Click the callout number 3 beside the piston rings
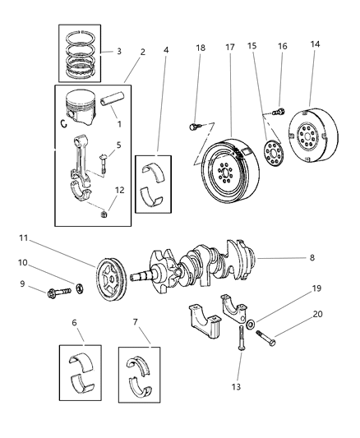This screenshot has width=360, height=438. point(120,51)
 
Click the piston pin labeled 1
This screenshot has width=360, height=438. point(115,105)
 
